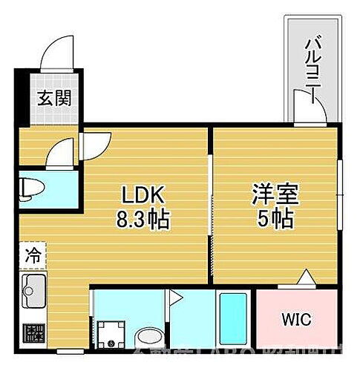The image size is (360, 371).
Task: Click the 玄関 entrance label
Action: tap(56, 98)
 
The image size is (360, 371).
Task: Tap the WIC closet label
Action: tap(295, 320)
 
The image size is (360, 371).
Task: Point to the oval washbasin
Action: tap(150, 337)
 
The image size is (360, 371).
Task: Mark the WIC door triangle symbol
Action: tap(305, 278)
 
